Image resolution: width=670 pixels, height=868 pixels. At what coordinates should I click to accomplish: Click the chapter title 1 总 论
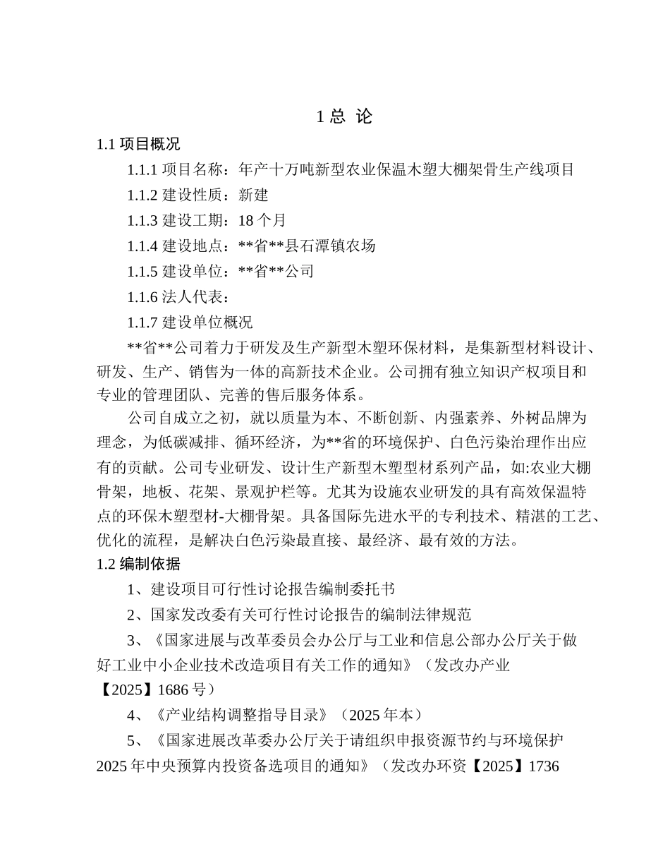(343, 117)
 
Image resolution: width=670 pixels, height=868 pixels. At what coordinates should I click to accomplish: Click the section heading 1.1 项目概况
(138, 145)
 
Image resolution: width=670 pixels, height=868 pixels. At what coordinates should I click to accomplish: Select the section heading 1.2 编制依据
(138, 564)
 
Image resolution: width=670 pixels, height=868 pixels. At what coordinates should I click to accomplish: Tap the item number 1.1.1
(143, 170)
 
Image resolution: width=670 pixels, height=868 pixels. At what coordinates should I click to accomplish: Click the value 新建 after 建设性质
(254, 195)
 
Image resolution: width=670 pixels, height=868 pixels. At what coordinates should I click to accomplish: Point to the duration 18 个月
(262, 221)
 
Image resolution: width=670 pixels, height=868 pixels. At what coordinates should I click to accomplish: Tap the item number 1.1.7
(143, 323)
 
